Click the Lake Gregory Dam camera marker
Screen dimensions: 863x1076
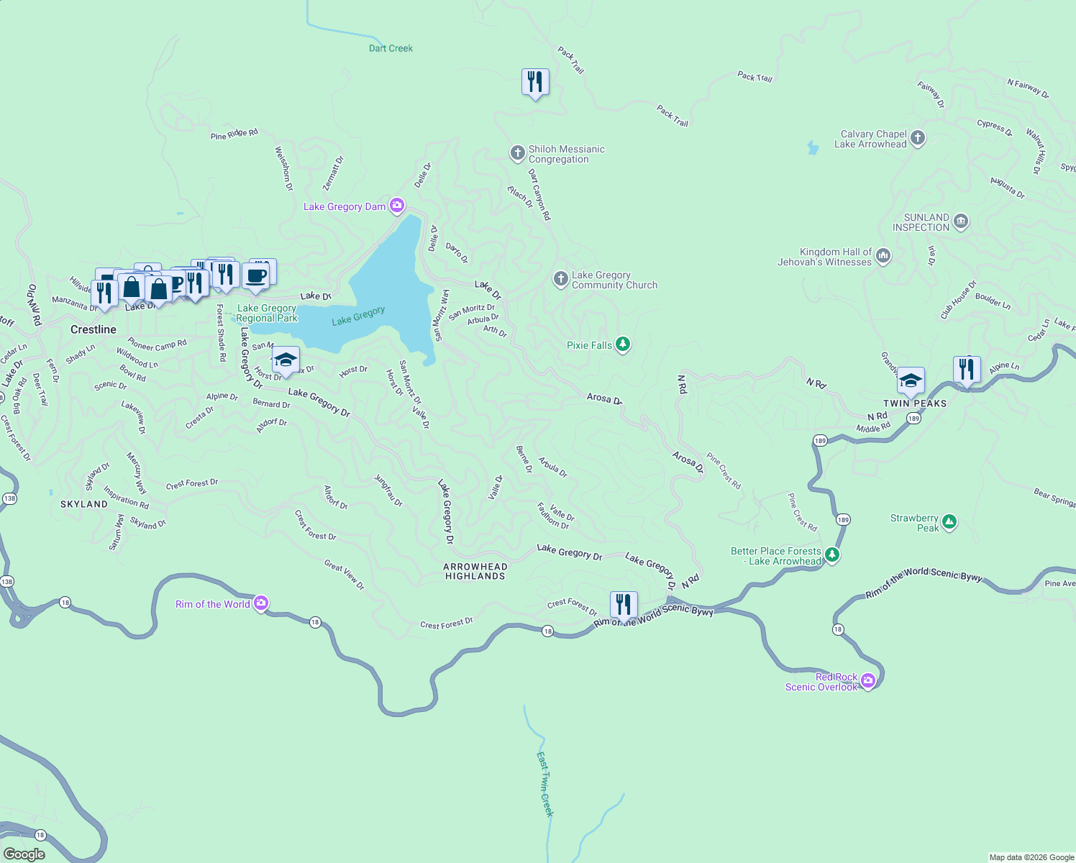pyautogui.click(x=397, y=206)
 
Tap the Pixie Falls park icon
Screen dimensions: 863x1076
pyautogui.click(x=623, y=344)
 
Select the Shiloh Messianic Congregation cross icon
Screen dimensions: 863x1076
pyautogui.click(x=517, y=152)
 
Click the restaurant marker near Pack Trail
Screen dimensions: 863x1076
pyautogui.click(x=534, y=82)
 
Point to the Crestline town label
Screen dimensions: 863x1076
pyautogui.click(x=94, y=329)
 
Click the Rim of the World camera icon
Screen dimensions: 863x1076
pyautogui.click(x=261, y=603)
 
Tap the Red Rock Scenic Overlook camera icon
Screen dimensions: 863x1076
pyautogui.click(x=868, y=680)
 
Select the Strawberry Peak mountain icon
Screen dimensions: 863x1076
pyautogui.click(x=949, y=522)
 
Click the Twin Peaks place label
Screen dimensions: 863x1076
pyautogui.click(x=915, y=403)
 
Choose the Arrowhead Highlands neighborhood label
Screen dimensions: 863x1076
pyautogui.click(x=475, y=571)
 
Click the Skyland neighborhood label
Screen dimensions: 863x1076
pyautogui.click(x=84, y=504)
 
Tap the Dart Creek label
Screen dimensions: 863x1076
pyautogui.click(x=391, y=48)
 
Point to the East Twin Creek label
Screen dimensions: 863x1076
pyautogui.click(x=545, y=784)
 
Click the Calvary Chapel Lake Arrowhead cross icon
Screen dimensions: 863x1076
pyautogui.click(x=918, y=138)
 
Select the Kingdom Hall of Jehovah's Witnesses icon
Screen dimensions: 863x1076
pyautogui.click(x=883, y=256)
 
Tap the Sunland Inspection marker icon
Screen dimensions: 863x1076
pyautogui.click(x=961, y=222)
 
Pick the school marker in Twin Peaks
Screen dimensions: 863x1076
pyautogui.click(x=911, y=380)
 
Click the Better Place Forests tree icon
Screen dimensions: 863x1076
pyautogui.click(x=832, y=554)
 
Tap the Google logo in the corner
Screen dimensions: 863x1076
pyautogui.click(x=24, y=854)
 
